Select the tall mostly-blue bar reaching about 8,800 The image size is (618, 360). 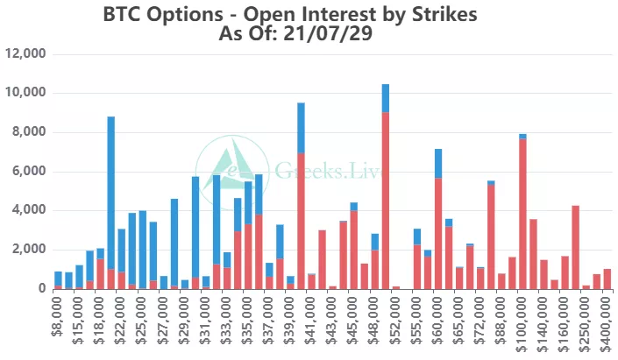point(111,201)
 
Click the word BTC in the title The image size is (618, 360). point(121,16)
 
